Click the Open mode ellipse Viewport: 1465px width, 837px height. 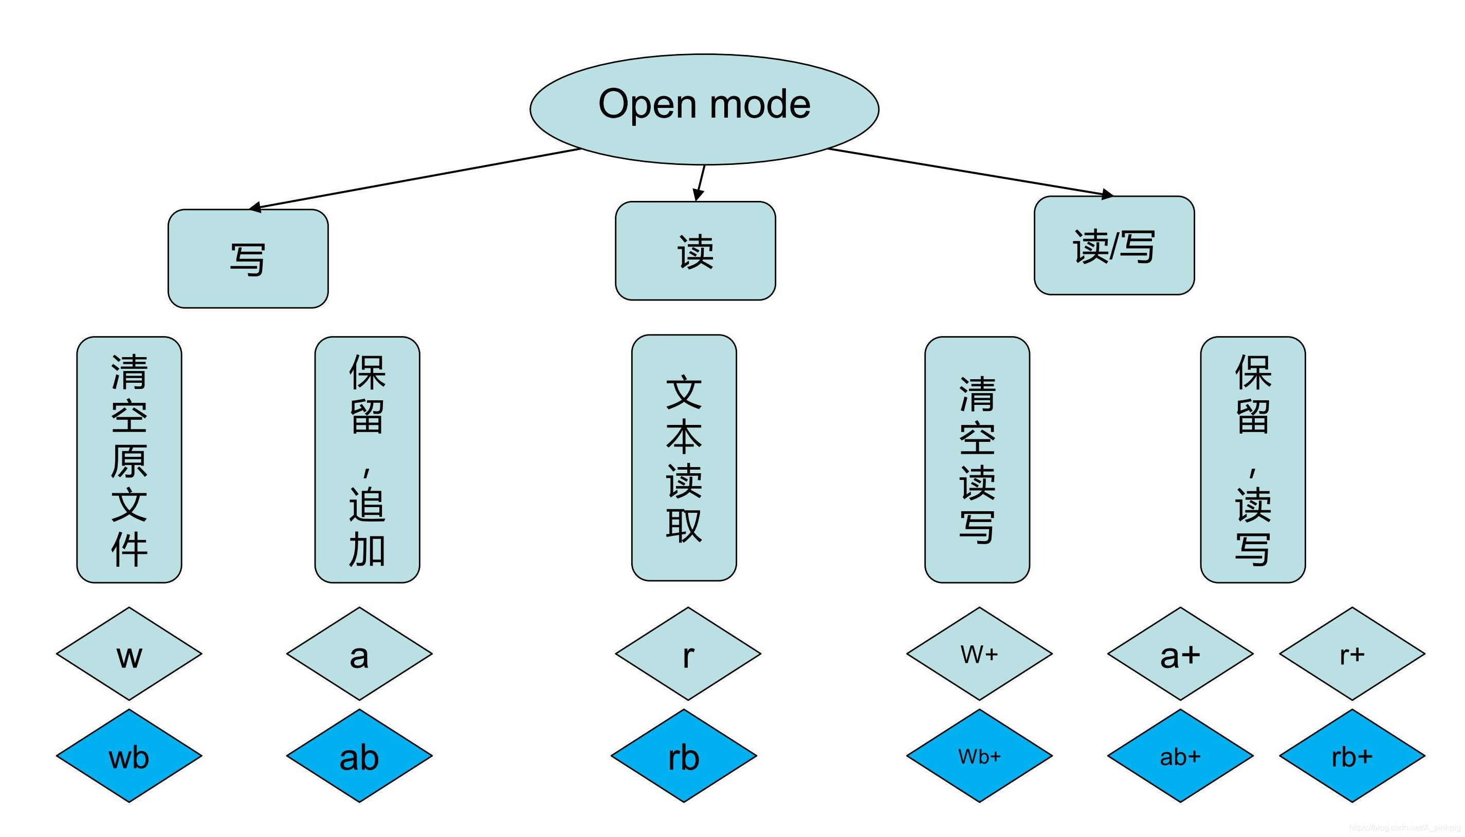click(x=704, y=109)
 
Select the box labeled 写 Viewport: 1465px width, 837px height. click(x=248, y=258)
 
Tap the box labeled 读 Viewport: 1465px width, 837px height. click(x=695, y=251)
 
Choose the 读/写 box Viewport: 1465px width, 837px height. click(x=1114, y=246)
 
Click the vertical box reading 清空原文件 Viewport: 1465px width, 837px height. click(x=129, y=460)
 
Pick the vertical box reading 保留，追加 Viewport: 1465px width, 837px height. click(x=367, y=460)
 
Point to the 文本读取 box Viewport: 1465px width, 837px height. click(x=684, y=458)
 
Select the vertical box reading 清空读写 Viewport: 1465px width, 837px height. click(x=977, y=460)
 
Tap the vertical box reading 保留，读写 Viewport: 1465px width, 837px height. click(x=1252, y=460)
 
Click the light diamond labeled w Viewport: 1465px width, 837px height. click(x=129, y=654)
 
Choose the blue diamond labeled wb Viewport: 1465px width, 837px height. click(x=129, y=756)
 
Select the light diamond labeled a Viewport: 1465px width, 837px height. click(x=359, y=654)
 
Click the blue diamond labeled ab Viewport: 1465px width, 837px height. click(x=359, y=756)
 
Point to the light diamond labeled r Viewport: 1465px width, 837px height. click(x=688, y=654)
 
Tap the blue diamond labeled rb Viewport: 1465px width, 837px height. click(x=684, y=756)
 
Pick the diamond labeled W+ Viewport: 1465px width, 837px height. click(x=979, y=654)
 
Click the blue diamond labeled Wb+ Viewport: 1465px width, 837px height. click(x=979, y=756)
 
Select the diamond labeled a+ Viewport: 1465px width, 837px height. click(x=1180, y=654)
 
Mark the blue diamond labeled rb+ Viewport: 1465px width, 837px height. click(x=1352, y=756)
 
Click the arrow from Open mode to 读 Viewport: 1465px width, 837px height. click(x=700, y=183)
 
